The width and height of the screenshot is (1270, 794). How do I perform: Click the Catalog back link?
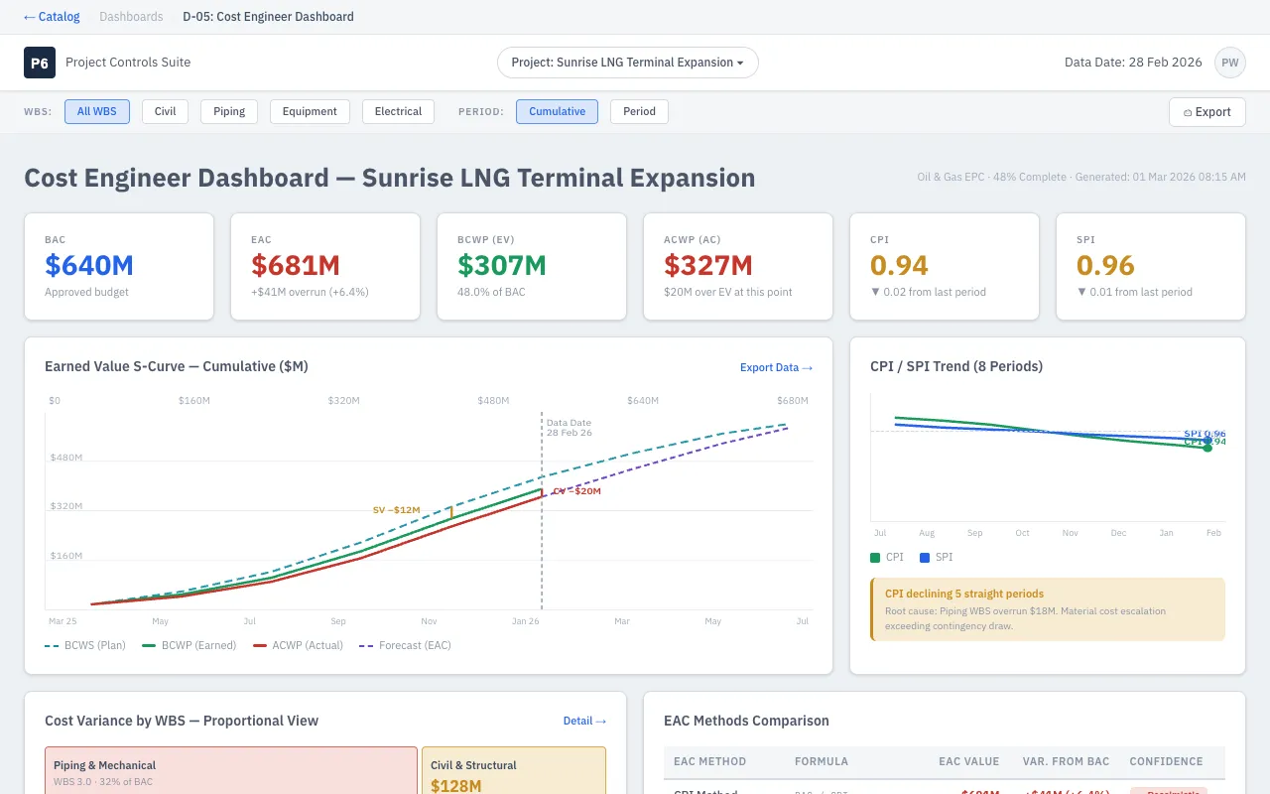pyautogui.click(x=52, y=17)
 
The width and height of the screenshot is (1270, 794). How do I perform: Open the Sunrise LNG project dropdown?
pyautogui.click(x=627, y=63)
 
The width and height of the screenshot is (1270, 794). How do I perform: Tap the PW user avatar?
pyautogui.click(x=1229, y=63)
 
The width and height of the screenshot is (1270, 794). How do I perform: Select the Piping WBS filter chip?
pyautogui.click(x=229, y=111)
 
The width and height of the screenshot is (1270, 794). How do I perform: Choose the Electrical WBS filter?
pyautogui.click(x=398, y=111)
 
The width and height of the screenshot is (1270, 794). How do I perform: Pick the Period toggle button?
pyautogui.click(x=639, y=111)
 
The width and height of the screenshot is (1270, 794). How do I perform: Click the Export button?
pyautogui.click(x=1206, y=112)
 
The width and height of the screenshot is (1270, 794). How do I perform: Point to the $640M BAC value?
pyautogui.click(x=89, y=265)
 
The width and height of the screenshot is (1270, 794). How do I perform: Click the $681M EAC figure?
pyautogui.click(x=296, y=265)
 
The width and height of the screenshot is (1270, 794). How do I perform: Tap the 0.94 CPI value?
pyautogui.click(x=899, y=265)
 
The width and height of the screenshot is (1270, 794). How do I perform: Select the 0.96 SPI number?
pyautogui.click(x=1105, y=265)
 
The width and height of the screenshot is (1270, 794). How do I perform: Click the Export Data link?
pyautogui.click(x=776, y=367)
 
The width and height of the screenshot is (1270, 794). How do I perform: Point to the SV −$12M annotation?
pyautogui.click(x=396, y=510)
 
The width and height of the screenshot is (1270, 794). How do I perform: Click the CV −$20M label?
pyautogui.click(x=576, y=491)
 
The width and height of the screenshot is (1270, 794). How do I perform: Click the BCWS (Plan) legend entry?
pyautogui.click(x=85, y=645)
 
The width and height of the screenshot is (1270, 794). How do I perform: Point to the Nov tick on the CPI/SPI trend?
pyautogui.click(x=1071, y=533)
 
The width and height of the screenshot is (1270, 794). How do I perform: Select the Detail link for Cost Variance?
pyautogui.click(x=584, y=721)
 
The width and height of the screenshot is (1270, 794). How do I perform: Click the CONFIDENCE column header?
pyautogui.click(x=1166, y=761)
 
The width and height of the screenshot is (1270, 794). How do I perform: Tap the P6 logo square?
pyautogui.click(x=40, y=63)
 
